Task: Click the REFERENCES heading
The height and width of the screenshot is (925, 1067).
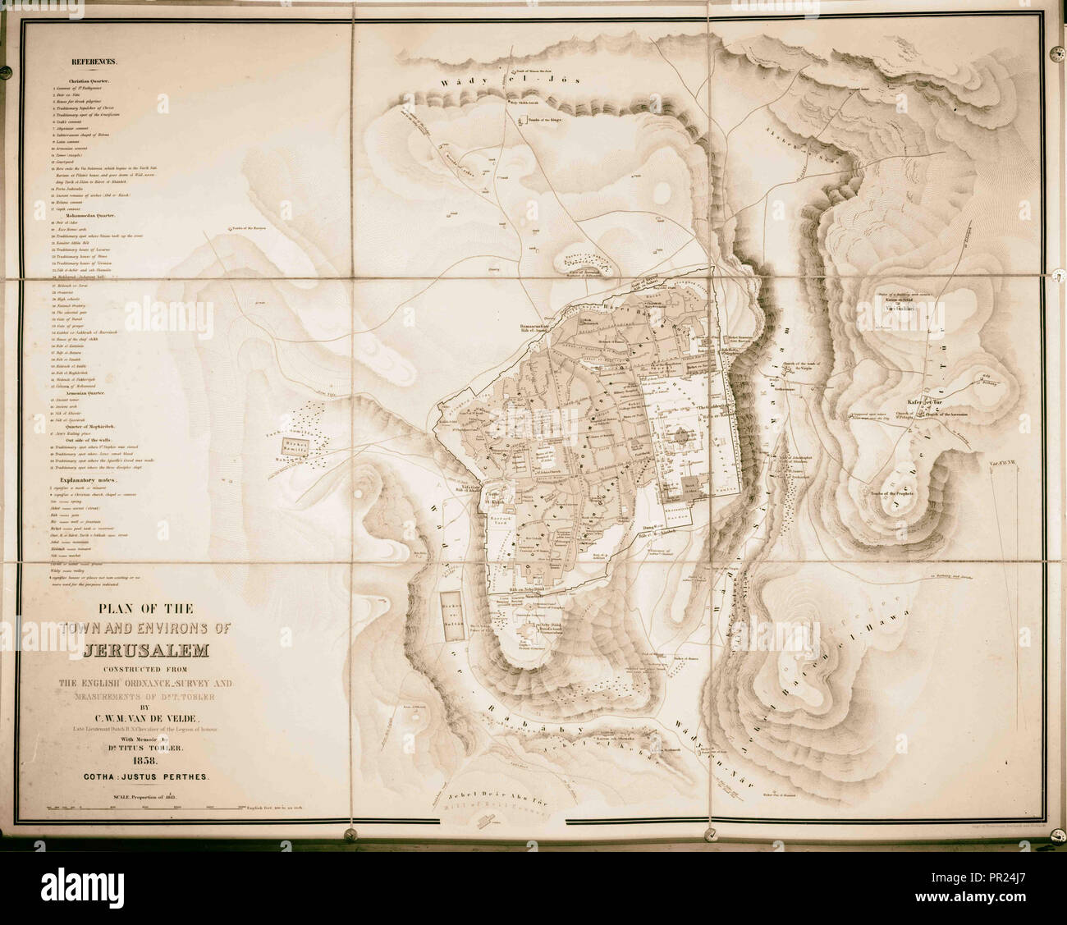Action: [x=94, y=62]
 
